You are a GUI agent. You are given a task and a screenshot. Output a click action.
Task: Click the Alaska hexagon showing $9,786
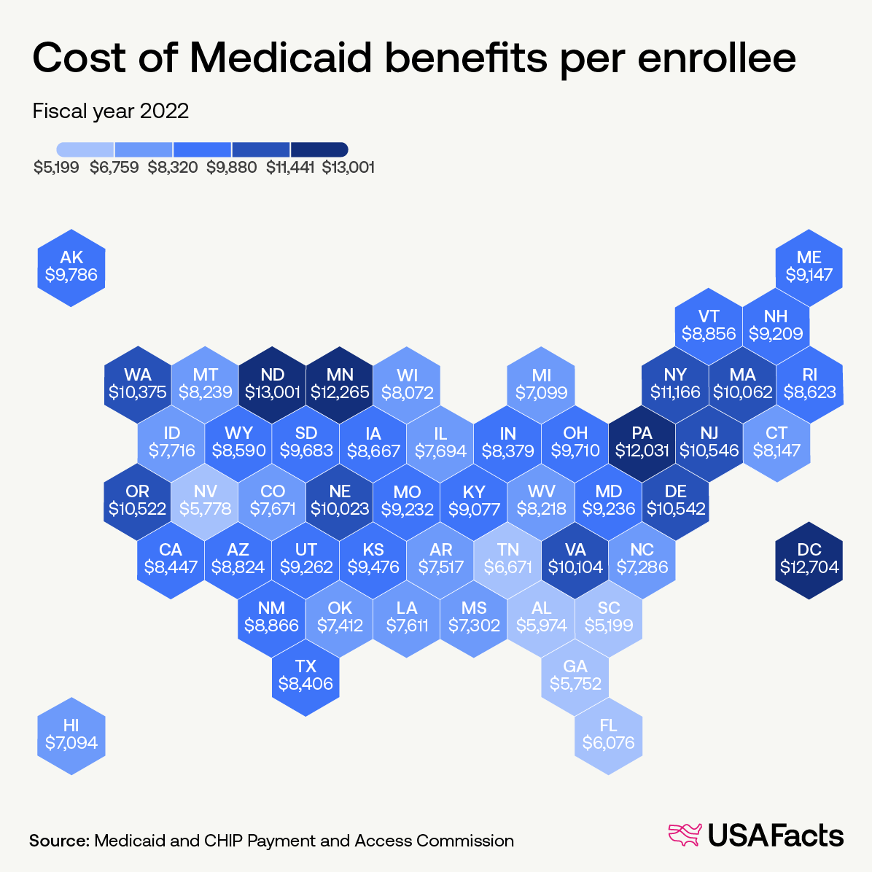71,268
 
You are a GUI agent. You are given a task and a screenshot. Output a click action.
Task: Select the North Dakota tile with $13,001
273,384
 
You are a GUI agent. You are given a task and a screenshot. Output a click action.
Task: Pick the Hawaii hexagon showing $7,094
71,735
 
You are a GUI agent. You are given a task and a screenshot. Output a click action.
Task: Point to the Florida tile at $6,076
608,735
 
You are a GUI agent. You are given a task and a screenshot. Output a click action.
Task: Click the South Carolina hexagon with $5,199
608,618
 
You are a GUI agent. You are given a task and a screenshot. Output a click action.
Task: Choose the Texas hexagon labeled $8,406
305,676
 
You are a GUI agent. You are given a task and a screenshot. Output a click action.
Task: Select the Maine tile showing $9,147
809,268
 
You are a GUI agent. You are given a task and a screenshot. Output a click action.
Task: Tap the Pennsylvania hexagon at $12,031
642,443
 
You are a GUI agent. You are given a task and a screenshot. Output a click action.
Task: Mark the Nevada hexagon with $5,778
206,501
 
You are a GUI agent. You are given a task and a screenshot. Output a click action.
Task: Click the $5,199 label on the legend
56,168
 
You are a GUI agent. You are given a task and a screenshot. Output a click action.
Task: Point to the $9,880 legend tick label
231,168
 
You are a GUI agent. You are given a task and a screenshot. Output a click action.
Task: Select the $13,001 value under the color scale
349,168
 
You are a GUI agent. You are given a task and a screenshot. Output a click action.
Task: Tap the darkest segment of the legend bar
319,149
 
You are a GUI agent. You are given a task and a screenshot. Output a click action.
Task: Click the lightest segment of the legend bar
85,149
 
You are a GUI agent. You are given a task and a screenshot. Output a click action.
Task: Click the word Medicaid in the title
284,58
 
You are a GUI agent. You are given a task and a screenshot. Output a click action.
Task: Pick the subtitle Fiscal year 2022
111,111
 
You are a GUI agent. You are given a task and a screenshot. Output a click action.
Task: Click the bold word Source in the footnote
58,841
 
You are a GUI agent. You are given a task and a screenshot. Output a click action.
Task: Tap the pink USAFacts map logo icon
684,836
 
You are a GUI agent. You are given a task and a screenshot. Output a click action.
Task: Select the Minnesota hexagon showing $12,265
340,384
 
